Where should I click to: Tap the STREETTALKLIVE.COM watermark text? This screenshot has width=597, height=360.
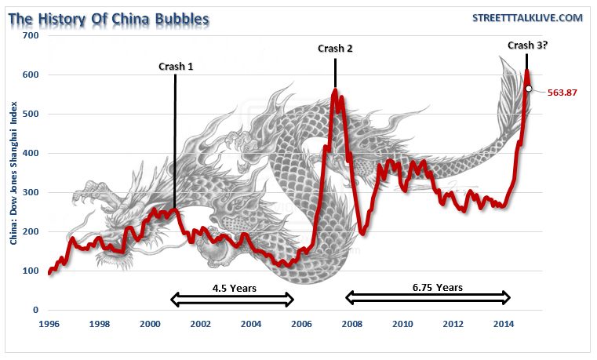(x=526, y=17)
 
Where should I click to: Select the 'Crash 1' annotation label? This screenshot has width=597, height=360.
(x=176, y=67)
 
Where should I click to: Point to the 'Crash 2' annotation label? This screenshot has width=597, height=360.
(x=335, y=49)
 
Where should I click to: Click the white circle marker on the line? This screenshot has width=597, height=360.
(x=529, y=89)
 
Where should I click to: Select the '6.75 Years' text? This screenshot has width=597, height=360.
(x=428, y=287)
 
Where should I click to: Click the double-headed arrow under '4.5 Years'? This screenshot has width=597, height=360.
(x=232, y=299)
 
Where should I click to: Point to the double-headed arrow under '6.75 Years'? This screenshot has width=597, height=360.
(x=428, y=298)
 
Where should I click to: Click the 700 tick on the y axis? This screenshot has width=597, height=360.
(x=31, y=36)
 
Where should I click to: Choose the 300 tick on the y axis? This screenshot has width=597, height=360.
(x=31, y=193)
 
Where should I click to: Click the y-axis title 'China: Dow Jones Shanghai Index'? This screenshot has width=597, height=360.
(x=14, y=173)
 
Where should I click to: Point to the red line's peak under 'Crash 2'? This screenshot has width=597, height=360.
(x=335, y=91)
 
